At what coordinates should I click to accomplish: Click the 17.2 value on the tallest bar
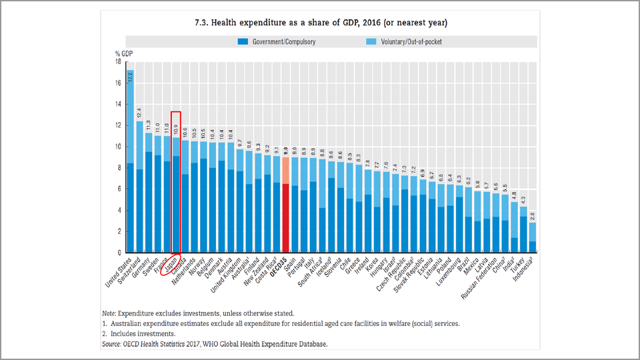(131, 77)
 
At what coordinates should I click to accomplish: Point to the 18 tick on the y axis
(118, 62)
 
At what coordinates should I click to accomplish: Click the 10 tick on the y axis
(118, 147)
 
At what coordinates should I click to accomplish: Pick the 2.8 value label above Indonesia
(532, 216)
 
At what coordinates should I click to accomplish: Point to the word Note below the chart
(109, 313)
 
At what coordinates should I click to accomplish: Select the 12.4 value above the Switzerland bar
(139, 113)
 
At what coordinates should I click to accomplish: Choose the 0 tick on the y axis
(119, 253)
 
